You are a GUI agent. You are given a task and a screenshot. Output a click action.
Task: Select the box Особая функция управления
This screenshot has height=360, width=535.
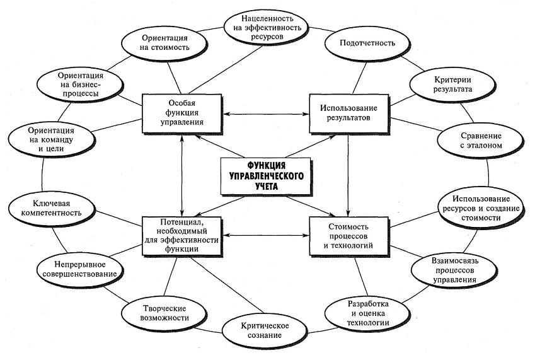tap(180, 113)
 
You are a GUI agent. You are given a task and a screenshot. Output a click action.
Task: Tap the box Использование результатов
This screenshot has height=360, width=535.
tap(348, 113)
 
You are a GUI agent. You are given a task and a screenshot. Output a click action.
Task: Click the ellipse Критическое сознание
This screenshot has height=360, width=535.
tap(265, 330)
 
